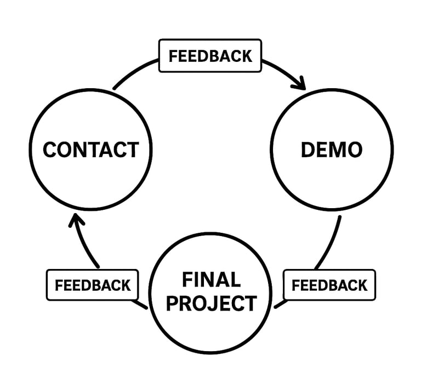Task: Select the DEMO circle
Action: pos(332,149)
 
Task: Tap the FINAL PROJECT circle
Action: pos(211,292)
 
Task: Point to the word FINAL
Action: pos(211,279)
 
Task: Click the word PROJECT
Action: pos(211,303)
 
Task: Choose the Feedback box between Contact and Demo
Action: pos(210,56)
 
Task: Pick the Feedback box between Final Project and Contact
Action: pos(92,285)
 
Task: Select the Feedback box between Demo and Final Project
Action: pos(329,285)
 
